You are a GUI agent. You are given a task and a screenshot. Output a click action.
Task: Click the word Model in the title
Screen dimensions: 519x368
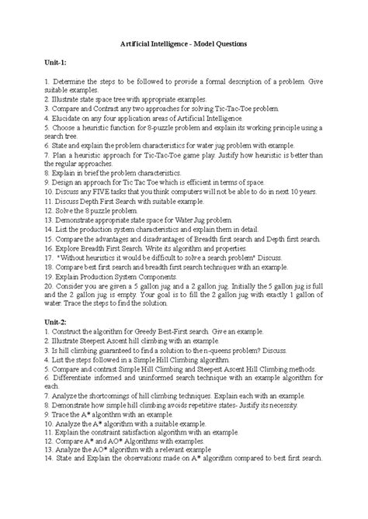point(202,45)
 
